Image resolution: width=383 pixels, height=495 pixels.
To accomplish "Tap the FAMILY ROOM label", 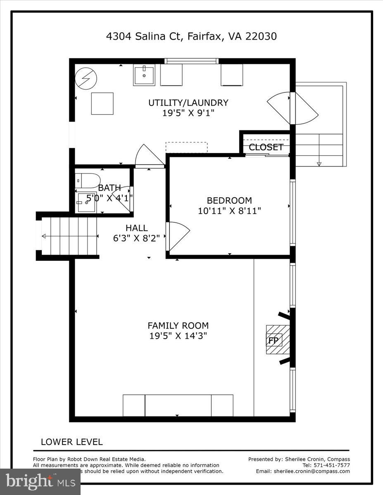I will pos(178,325).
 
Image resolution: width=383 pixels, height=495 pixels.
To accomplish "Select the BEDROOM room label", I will pos(229,200).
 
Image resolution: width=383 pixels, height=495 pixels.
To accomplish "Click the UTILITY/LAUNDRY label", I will pos(188,103).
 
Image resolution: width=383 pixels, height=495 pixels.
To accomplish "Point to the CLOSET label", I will pos(266,147).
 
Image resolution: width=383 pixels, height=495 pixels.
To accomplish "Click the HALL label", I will pos(137,228).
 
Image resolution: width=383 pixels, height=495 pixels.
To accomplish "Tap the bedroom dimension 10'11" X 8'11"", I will pos(229,211).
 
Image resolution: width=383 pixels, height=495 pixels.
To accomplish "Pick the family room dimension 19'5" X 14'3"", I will pos(178,336).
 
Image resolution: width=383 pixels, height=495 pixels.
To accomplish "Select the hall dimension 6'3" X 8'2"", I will pos(137,238).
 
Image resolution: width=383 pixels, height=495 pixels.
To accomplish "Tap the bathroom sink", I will pos(87,202).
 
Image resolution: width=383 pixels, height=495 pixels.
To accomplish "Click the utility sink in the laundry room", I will pos(144,75).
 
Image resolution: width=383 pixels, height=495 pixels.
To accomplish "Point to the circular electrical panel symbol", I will pos(86,78).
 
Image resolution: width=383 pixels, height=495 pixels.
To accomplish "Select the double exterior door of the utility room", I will pos(293,108).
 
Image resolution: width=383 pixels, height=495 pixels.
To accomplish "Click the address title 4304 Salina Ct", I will pos(191,36).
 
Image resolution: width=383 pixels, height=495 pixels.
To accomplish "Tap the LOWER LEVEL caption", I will pos(71,442).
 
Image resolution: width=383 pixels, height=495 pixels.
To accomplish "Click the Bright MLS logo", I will pos(40,481).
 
